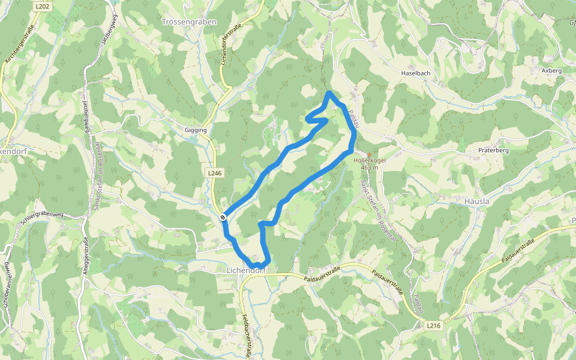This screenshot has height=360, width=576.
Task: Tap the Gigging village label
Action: tap(196, 130)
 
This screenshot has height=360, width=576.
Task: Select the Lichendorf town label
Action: tap(246, 271)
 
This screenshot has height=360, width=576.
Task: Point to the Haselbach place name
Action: tap(416, 73)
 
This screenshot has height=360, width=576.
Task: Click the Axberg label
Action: tap(551, 70)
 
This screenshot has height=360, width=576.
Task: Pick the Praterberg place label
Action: tap(494, 150)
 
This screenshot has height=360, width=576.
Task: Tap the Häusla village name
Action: tap(477, 202)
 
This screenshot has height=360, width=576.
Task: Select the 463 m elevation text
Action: tap(370, 167)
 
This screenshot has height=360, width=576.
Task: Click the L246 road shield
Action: tap(214, 173)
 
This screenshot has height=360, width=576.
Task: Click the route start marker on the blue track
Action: tap(223, 217)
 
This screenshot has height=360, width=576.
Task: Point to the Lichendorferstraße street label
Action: tap(230, 46)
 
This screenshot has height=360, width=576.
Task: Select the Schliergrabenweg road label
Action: tap(42, 217)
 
